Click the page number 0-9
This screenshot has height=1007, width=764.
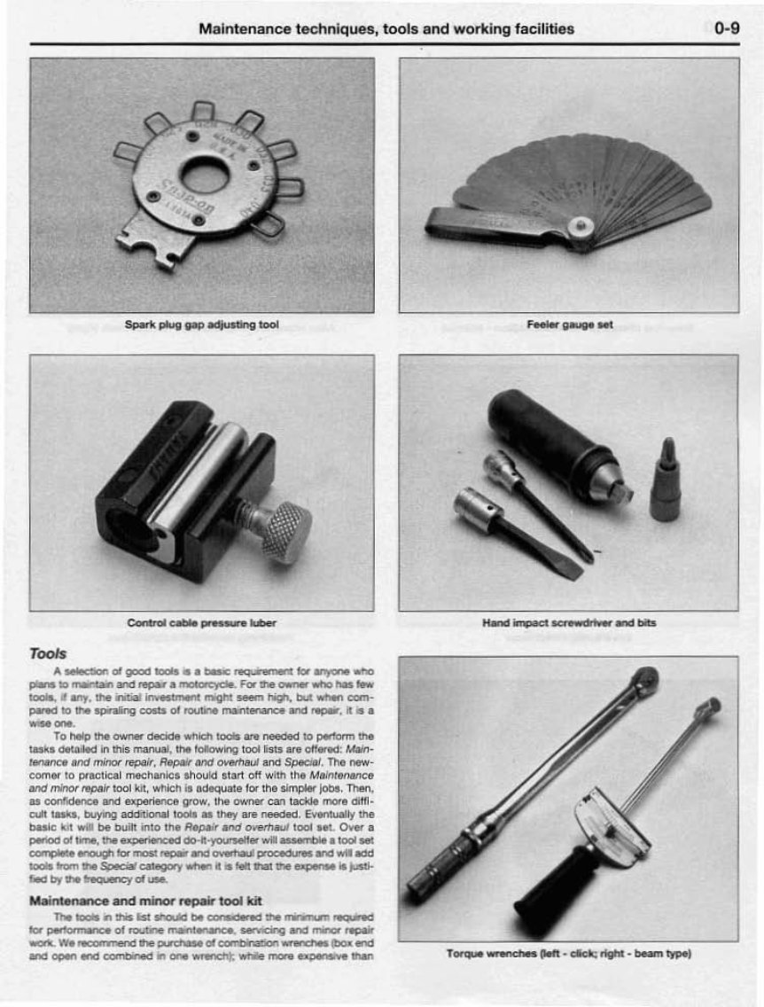[x=726, y=28]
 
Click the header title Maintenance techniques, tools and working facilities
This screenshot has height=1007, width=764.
[x=386, y=28]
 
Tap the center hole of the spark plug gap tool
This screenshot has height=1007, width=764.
[x=205, y=175]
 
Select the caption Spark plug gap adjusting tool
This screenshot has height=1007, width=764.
[x=202, y=325]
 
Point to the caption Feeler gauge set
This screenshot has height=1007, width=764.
[x=569, y=325]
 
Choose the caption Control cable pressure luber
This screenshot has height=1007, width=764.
[x=202, y=623]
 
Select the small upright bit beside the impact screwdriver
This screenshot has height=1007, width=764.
[x=666, y=483]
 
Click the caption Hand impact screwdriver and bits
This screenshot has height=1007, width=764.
[x=569, y=623]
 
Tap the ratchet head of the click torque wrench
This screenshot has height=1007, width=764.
[x=644, y=682]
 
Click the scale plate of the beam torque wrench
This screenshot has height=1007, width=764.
[x=612, y=824]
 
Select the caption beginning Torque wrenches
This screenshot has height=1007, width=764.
[x=569, y=954]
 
